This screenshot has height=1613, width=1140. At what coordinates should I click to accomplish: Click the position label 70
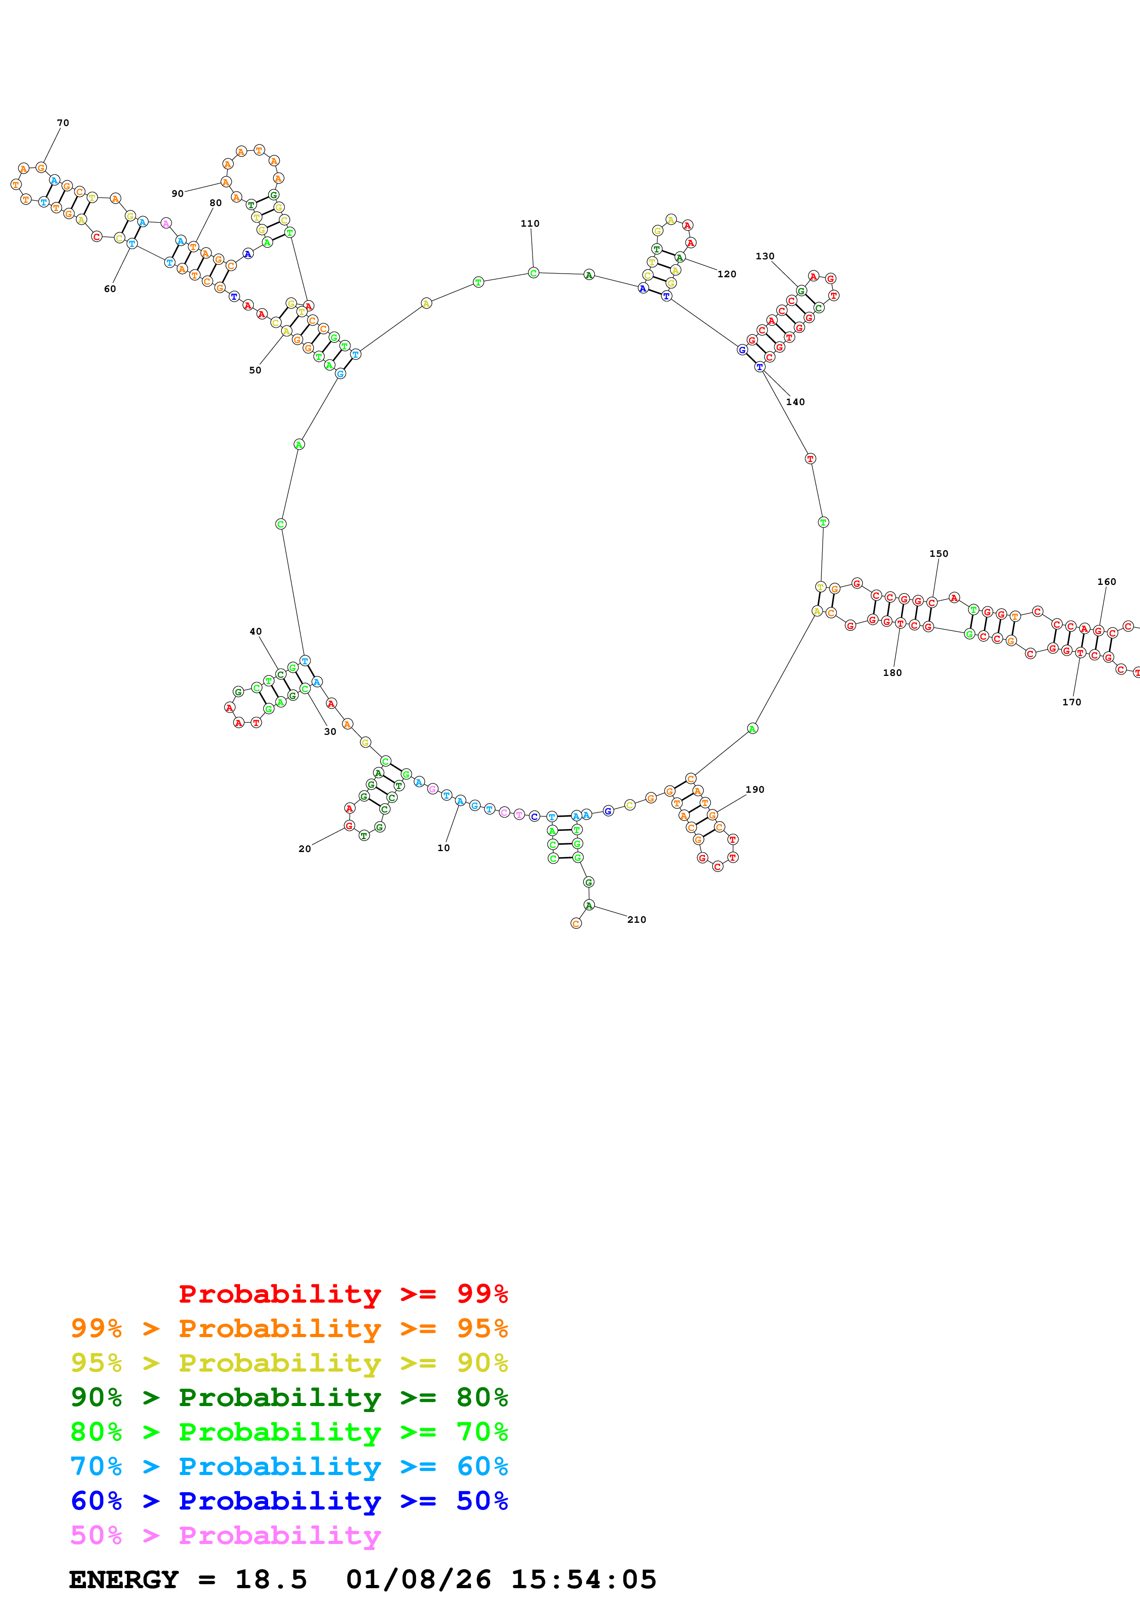coord(63,123)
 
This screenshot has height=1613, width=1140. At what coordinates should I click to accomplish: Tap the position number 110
coord(530,223)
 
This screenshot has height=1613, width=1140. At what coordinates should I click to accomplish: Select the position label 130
coord(764,257)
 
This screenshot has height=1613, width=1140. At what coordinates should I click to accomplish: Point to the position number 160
coord(1106,582)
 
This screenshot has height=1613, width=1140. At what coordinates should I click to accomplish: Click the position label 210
coord(636,920)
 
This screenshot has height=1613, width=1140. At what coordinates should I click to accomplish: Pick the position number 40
coord(256,632)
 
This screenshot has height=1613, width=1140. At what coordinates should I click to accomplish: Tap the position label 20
coord(304,849)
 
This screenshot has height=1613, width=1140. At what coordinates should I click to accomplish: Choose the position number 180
coord(892,672)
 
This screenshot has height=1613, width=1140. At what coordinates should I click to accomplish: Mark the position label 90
coord(177,194)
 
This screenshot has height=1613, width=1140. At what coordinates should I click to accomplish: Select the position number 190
coord(754,789)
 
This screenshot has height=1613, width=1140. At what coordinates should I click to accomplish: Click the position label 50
coord(255,370)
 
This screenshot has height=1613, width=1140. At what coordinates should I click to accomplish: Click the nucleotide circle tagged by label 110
coord(533,273)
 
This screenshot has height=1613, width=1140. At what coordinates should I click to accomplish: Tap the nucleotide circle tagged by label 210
coord(589,905)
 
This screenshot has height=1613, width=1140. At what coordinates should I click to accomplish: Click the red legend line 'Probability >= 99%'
coord(343,1293)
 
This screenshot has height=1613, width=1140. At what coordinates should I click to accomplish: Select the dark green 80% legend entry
coord(289,1397)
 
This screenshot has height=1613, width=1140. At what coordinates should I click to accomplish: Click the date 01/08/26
coord(418,1579)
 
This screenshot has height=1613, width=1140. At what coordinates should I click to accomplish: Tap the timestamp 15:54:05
coord(583,1579)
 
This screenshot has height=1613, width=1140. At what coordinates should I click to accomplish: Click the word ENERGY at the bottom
coord(124,1579)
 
